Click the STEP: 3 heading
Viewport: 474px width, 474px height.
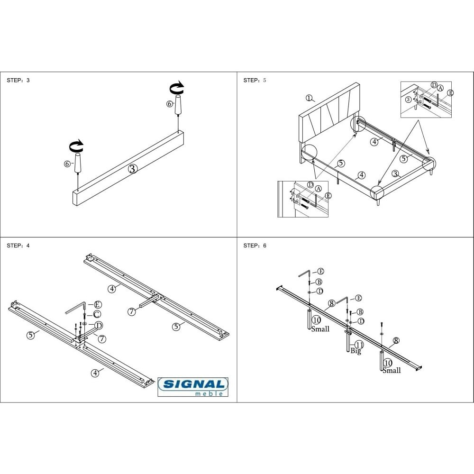(18, 80)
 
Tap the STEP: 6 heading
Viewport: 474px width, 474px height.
(255, 246)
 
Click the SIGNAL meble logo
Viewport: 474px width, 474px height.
(193, 387)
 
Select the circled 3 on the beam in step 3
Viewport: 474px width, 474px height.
(133, 169)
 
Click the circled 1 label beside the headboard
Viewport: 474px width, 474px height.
(309, 98)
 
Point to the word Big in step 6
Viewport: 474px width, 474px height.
(356, 351)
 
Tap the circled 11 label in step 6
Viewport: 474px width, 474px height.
(359, 345)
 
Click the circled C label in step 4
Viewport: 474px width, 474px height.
(97, 314)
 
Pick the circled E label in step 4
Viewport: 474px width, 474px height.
(97, 304)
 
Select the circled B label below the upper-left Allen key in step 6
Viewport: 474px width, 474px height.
(319, 282)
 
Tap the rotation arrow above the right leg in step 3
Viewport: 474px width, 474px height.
(176, 87)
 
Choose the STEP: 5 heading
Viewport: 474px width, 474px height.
(255, 80)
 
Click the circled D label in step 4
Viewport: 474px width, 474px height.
(99, 325)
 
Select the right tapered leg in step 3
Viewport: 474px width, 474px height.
(178, 105)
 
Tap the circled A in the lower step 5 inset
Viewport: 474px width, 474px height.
(319, 189)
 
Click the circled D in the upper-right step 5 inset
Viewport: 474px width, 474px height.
(434, 85)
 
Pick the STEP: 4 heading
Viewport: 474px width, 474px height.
(18, 246)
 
